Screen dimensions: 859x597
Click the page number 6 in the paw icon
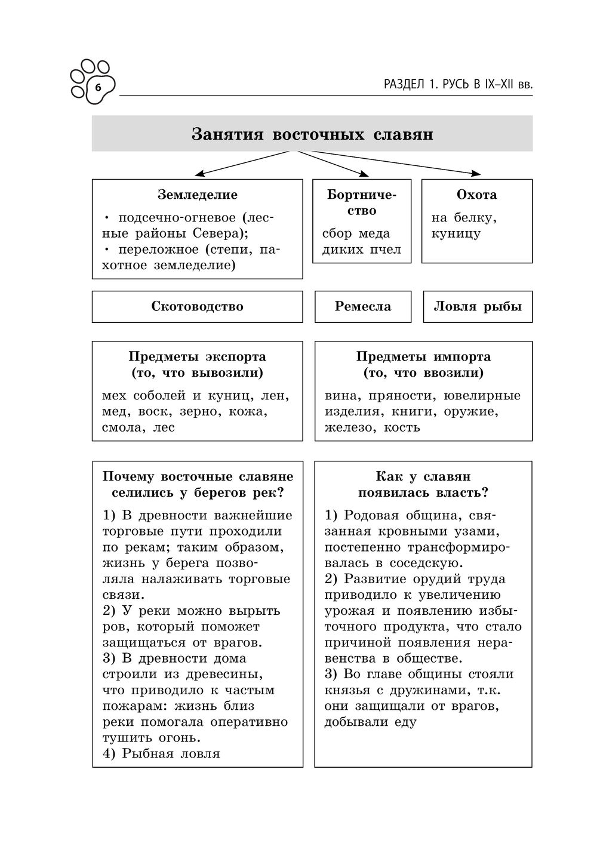click(98, 88)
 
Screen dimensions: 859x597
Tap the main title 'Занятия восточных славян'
click(312, 134)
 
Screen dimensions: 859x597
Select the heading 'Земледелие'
click(198, 195)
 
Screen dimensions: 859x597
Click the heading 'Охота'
click(476, 195)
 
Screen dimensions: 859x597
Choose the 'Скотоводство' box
click(198, 307)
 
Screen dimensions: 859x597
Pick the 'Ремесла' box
click(363, 307)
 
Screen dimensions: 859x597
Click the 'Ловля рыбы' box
click(478, 307)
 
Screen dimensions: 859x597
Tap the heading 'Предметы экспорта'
click(198, 357)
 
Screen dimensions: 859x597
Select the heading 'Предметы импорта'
click(423, 357)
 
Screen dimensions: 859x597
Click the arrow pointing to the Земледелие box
click(203, 173)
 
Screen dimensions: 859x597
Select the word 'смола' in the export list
click(120, 427)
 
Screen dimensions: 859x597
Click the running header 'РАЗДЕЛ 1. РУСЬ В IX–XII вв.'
click(458, 85)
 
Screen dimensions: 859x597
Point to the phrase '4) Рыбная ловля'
click(161, 753)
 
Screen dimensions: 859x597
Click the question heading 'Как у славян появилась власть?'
click(423, 485)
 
